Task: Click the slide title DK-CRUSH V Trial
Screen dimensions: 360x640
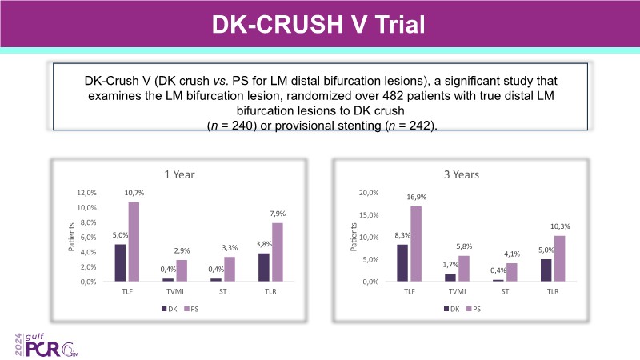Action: [x=319, y=22]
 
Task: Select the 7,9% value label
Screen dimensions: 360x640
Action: [x=277, y=214]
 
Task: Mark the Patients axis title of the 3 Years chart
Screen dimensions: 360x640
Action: [x=354, y=236]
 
